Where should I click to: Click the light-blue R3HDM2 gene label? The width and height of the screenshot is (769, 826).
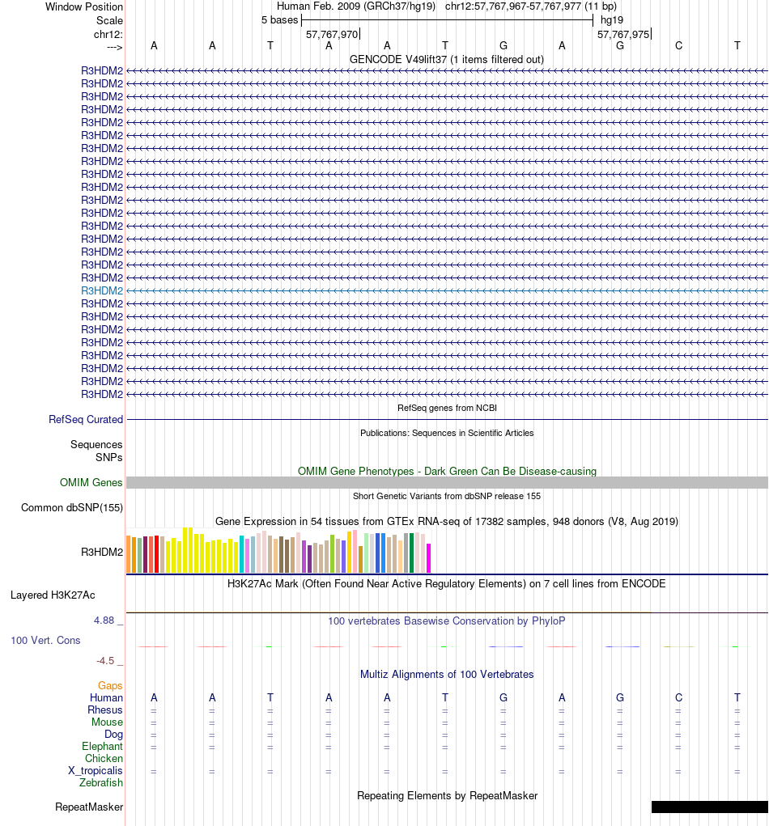pyautogui.click(x=102, y=290)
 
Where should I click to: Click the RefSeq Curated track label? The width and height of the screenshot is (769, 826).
pyautogui.click(x=86, y=420)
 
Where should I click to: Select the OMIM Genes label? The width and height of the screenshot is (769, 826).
pyautogui.click(x=91, y=483)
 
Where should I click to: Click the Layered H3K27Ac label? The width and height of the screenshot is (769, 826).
pyautogui.click(x=53, y=595)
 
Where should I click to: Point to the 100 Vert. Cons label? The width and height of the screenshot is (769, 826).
pyautogui.click(x=45, y=641)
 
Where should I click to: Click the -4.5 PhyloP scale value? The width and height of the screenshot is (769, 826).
pyautogui.click(x=106, y=661)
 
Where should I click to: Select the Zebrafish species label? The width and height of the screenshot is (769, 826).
pyautogui.click(x=101, y=783)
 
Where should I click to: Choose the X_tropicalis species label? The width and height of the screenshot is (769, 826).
pyautogui.click(x=96, y=771)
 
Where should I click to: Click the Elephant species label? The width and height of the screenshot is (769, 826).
pyautogui.click(x=102, y=747)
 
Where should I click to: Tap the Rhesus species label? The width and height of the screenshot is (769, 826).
pyautogui.click(x=105, y=710)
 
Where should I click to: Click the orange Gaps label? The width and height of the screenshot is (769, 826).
pyautogui.click(x=110, y=686)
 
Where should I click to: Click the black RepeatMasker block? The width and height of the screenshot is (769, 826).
pyautogui.click(x=709, y=807)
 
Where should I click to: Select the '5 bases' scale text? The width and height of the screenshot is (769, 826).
pyautogui.click(x=279, y=19)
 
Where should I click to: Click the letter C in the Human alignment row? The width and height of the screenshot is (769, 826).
pyautogui.click(x=678, y=697)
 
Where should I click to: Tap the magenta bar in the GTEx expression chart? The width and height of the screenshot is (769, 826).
pyautogui.click(x=428, y=558)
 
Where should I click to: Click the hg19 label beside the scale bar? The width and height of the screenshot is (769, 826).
pyautogui.click(x=611, y=19)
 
